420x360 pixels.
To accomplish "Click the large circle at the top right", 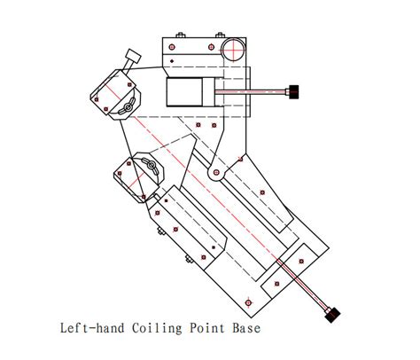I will (x=234, y=48).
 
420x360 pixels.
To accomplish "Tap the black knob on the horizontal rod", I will (x=292, y=90).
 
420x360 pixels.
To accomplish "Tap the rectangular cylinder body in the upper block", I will (x=183, y=92).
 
